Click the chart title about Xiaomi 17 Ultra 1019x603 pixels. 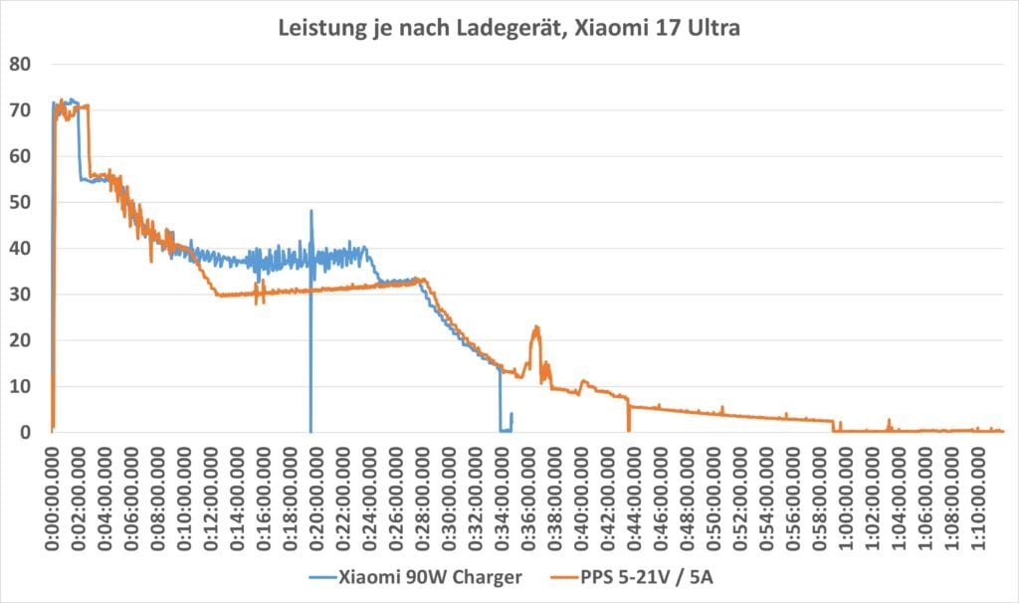point(509,31)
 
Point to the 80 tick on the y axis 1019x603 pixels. point(21,65)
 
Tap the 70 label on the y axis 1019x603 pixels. point(21,110)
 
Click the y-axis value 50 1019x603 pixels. point(21,202)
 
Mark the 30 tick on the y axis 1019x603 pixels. point(21,295)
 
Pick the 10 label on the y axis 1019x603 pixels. point(21,386)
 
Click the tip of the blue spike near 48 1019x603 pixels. point(311,211)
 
